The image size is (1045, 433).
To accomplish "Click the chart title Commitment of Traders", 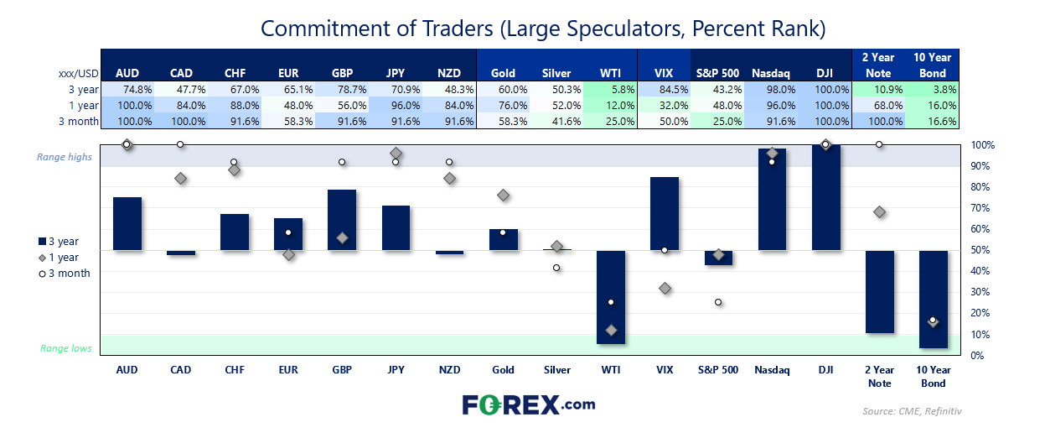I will tap(543, 28).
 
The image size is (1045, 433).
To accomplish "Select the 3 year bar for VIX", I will tap(665, 213).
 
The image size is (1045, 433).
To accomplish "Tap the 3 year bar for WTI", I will tap(611, 296).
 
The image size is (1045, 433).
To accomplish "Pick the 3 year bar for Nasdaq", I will tap(772, 199).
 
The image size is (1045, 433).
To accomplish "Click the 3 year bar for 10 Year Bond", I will tap(933, 299).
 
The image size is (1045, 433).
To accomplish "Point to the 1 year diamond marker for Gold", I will tap(504, 195).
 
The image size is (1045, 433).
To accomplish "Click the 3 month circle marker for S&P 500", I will tap(718, 302).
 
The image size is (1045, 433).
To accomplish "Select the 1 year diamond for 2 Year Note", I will tap(879, 212).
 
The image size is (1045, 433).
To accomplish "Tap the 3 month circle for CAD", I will tap(180, 144).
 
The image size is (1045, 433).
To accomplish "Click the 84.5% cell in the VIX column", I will tap(665, 90).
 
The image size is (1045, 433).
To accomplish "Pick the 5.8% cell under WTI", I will tap(612, 90).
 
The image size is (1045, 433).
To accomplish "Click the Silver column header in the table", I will tap(557, 74).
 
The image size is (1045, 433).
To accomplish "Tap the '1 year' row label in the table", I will tap(84, 106).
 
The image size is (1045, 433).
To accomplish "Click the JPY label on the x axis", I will tap(396, 370).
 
